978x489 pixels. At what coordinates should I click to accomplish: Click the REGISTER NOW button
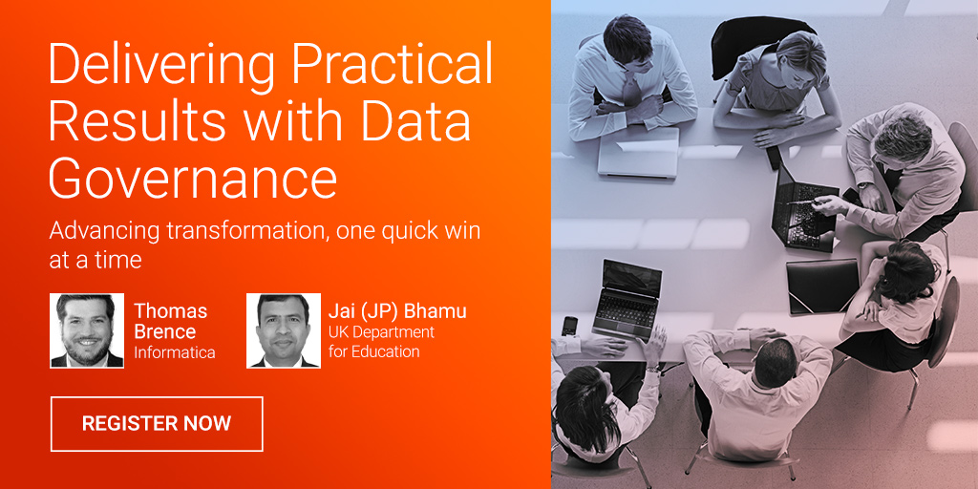click(x=157, y=423)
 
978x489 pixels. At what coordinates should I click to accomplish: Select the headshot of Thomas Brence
click(x=87, y=330)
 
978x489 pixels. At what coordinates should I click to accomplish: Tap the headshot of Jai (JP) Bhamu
click(x=283, y=330)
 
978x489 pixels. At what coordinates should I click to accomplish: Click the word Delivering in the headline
click(x=163, y=66)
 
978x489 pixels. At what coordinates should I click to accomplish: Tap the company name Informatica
click(x=175, y=352)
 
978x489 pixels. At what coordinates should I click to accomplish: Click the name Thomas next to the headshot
click(x=171, y=310)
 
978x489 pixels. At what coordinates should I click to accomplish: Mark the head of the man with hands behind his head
click(x=774, y=363)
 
